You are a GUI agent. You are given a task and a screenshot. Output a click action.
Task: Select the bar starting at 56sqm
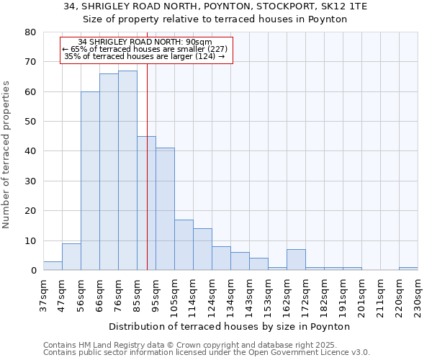(90, 181)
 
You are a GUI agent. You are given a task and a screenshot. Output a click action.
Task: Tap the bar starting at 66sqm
(109, 172)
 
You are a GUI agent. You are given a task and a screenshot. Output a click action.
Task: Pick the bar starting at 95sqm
(165, 209)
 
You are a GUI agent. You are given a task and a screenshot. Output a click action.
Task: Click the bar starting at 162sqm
(296, 260)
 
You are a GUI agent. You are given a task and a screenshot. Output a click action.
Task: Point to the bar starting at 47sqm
(71, 257)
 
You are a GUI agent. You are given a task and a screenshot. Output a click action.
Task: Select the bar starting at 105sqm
(184, 245)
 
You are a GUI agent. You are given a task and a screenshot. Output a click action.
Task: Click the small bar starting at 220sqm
(408, 269)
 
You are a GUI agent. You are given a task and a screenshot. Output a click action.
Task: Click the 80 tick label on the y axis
(30, 32)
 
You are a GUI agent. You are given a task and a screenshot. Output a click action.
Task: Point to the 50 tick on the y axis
(30, 122)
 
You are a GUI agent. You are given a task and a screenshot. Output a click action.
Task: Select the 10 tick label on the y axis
(30, 240)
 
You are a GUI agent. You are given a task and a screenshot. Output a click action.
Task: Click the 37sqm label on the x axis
(43, 296)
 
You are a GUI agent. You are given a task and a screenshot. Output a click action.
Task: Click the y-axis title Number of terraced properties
(6, 154)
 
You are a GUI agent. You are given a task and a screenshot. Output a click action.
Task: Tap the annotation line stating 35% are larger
(145, 56)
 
